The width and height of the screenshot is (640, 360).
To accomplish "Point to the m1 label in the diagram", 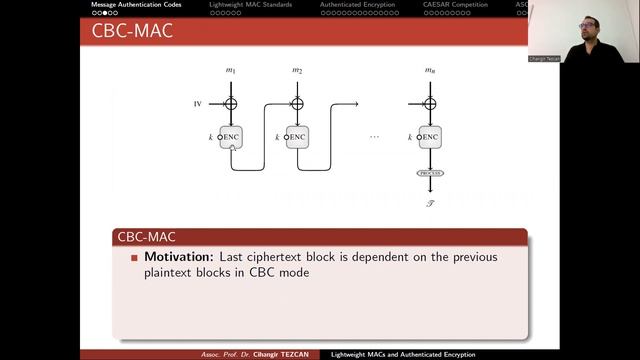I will point(231,70).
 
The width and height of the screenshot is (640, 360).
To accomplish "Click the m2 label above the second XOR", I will point(297,70).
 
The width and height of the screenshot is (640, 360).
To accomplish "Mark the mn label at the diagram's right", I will point(430,70).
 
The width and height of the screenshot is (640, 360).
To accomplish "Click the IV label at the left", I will point(198,103).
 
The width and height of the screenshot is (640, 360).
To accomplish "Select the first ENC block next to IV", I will point(231,137).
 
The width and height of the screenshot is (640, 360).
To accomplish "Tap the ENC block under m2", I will point(297,137).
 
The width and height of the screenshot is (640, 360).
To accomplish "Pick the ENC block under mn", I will point(430,137).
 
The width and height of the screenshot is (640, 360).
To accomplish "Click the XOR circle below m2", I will point(297,103).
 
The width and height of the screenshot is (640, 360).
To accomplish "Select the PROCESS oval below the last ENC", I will point(430,173).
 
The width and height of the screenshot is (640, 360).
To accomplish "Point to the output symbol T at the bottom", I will point(430,201).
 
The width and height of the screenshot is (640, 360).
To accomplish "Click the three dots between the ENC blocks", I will point(374,137).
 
